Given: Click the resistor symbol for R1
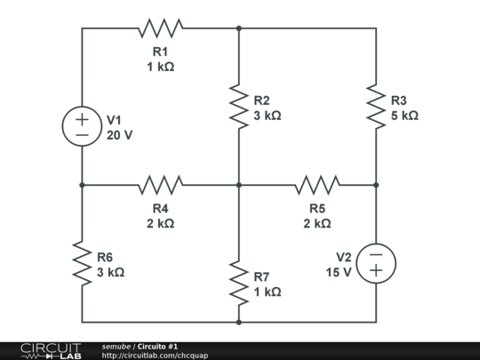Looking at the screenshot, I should click(161, 28).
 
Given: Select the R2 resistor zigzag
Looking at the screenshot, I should click(239, 107).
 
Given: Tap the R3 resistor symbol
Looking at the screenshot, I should click(376, 107).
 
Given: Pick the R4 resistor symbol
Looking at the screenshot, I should click(161, 185).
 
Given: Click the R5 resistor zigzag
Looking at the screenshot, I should click(317, 185).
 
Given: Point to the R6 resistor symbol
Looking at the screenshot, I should click(83, 263).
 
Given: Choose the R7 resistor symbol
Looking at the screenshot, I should click(239, 283).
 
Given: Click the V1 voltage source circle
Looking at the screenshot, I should click(83, 126).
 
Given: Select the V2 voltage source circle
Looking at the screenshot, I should click(376, 263).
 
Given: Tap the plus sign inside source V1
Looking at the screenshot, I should click(83, 118).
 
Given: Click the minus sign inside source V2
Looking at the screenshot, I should click(376, 254).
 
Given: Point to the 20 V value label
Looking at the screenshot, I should click(119, 135).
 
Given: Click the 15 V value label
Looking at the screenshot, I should click(339, 272).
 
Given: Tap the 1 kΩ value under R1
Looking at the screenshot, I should click(161, 67).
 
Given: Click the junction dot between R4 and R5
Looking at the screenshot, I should click(239, 185).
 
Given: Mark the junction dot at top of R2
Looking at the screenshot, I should click(239, 28).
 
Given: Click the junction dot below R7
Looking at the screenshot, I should click(239, 322).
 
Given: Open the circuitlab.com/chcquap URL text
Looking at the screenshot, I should click(156, 356).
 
